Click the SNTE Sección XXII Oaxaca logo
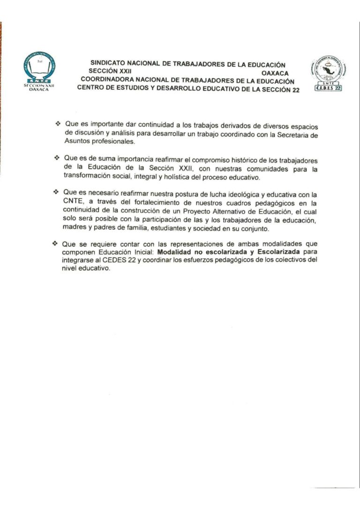point(39,70)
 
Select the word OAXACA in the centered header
point(276,73)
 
